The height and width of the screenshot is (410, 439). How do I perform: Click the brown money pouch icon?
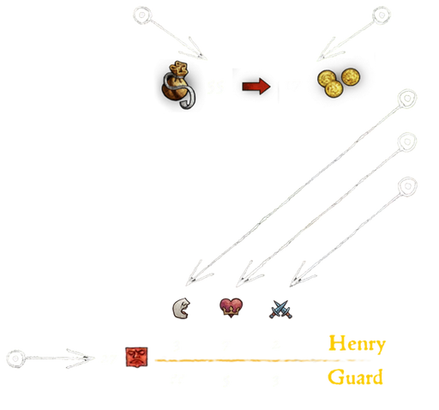pos(178,85)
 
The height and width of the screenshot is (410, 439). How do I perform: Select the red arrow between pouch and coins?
pos(256,86)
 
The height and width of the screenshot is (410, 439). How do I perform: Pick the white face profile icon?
pos(181,308)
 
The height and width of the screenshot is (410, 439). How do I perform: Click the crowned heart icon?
pos(231,308)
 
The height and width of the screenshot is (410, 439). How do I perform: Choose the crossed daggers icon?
pos(280,310)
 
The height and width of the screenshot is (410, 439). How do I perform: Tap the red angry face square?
pos(136,357)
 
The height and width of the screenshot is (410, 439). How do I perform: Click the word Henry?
pos(358,344)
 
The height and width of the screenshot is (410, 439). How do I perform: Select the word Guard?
pos(355,377)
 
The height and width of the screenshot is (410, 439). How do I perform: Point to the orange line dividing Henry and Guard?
pos(263,360)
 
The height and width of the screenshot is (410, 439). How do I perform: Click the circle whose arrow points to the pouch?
pos(142,15)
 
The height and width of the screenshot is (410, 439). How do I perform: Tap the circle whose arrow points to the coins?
pos(382,15)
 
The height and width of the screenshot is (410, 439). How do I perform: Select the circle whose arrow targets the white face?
pos(407,99)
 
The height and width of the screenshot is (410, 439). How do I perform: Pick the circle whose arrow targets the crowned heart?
pos(407,142)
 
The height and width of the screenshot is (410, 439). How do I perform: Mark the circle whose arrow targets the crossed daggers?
pos(407,186)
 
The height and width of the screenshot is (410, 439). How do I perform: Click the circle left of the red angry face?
pos(16,359)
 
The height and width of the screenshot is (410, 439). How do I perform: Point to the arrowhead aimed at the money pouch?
pos(195,51)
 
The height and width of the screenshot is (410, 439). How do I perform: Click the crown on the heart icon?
pos(231,312)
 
